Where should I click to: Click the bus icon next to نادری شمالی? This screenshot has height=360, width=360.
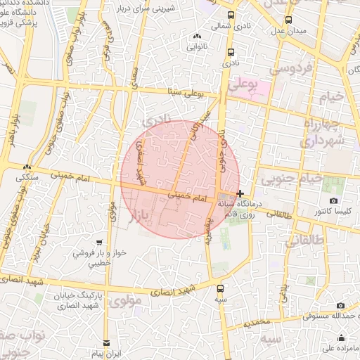tap(231, 15)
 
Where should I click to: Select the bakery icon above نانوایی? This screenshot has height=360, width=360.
tap(196, 36)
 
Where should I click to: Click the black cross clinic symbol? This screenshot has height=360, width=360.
tap(240, 193)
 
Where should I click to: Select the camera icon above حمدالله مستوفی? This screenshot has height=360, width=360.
tap(341, 305)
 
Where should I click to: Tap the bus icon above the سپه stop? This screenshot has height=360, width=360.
tap(221, 288)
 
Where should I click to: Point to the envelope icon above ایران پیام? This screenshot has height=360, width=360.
tap(106, 342)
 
